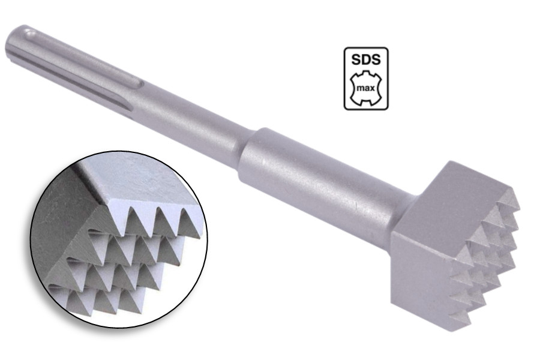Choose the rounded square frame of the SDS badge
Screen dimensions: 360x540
(345, 78)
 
